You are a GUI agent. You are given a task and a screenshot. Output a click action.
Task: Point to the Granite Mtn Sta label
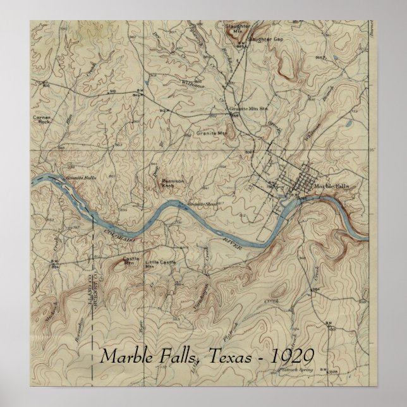click(x=246, y=109)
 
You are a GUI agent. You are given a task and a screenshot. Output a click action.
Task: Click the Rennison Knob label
click(x=173, y=183)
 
